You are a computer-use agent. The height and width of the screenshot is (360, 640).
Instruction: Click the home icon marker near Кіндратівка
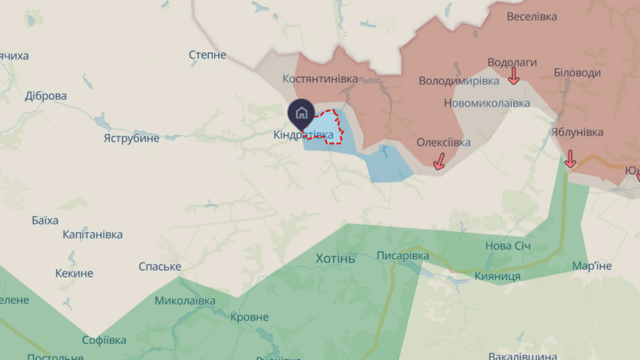coord(301,112)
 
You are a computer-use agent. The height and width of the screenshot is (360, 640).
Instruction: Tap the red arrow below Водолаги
coord(513,76)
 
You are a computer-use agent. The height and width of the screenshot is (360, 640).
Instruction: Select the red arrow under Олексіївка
coord(439,161)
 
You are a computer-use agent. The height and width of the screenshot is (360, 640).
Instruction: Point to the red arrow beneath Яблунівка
coord(570,158)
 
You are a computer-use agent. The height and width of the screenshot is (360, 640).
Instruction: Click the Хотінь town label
coord(335,259)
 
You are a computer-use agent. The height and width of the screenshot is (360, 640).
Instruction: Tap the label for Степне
coord(208,55)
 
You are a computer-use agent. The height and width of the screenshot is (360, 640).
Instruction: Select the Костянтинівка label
coord(320,79)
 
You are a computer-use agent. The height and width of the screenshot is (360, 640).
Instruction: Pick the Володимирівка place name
coord(459,81)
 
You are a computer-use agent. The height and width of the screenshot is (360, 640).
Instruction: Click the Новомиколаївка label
coord(487,103)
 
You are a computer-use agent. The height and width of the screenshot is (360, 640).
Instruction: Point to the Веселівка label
coord(532,17)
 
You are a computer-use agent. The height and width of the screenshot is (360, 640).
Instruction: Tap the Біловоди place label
coord(577,73)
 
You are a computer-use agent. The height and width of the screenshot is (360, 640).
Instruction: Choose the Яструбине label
coord(131,139)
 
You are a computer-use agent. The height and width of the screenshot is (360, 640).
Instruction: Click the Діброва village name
coord(46,96)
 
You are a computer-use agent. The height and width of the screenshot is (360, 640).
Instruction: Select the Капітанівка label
coord(93,235)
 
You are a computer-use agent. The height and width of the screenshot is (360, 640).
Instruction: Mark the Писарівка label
coord(403,256)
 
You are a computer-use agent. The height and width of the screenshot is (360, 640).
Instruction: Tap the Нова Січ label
coord(508,246)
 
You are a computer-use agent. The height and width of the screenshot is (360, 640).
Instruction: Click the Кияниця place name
coord(497,276)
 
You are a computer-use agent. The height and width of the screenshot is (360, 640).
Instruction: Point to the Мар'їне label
coord(592,266)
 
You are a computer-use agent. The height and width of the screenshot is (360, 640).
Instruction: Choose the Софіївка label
coord(104,340)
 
